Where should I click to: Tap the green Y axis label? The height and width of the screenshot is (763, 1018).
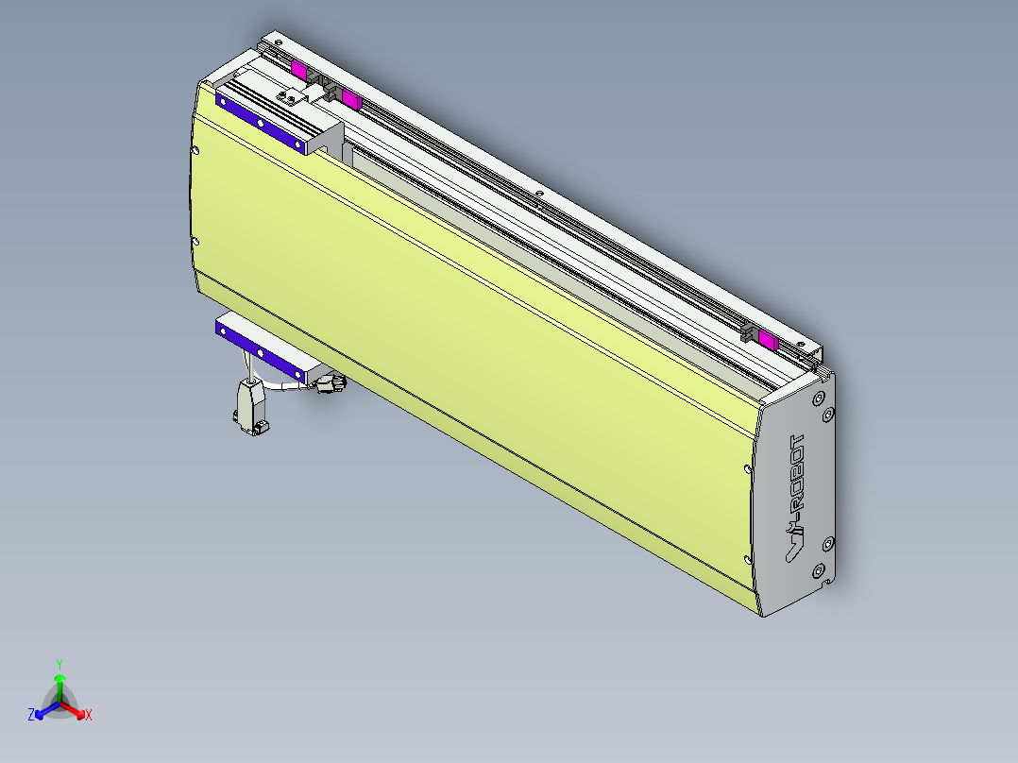(59, 663)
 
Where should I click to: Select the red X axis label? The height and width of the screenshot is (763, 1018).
(89, 715)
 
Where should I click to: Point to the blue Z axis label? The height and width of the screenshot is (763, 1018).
(31, 715)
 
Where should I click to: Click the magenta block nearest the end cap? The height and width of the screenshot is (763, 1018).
(768, 341)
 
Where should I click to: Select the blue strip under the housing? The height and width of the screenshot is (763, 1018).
(261, 349)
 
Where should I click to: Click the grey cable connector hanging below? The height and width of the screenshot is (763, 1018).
(251, 406)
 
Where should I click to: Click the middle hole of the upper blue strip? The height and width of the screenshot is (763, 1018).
(261, 121)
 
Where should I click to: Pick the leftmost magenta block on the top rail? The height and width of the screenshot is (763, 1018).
(299, 69)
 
